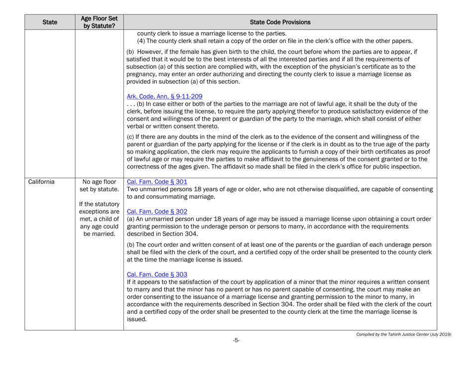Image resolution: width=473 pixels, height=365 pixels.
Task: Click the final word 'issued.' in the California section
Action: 137,320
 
